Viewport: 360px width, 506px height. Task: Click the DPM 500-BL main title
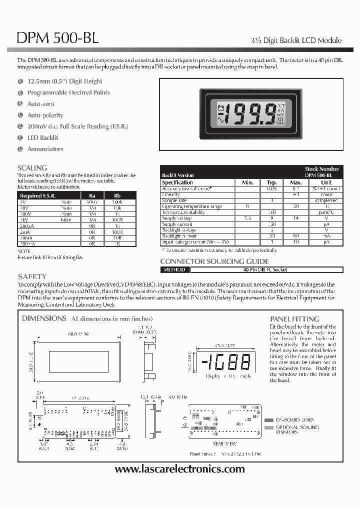58,38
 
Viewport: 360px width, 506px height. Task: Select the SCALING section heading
32,168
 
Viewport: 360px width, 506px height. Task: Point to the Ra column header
92,196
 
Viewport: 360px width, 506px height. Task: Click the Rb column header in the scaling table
116,196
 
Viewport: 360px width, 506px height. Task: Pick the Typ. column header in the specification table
271,182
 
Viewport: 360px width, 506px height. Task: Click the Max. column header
296,182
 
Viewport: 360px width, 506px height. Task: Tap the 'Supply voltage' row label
177,218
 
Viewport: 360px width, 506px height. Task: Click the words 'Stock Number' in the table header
322,169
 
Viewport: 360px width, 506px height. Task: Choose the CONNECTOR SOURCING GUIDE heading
214,261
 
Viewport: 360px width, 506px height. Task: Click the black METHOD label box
174,270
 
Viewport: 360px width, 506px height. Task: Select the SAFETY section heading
32,276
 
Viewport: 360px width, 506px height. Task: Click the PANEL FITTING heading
294,318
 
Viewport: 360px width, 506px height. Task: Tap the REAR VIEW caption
224,443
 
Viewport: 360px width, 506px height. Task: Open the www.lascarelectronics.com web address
180,469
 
